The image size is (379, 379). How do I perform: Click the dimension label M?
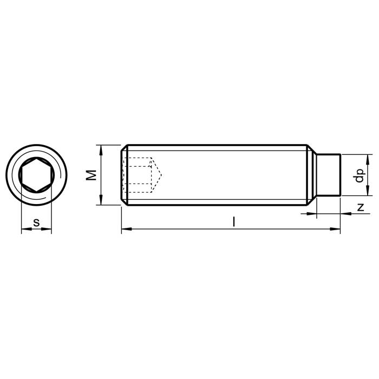pos(92,175)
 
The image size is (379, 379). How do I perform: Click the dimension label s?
pos(36,223)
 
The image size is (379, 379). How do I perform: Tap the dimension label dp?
pos(359,175)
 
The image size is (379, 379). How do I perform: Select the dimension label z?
pos(361,207)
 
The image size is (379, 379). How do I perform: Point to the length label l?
pos(233,221)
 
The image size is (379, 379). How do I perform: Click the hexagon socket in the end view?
pos(36,175)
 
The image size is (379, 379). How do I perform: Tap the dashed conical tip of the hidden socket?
pos(156,175)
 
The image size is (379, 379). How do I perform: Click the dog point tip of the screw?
pos(329,175)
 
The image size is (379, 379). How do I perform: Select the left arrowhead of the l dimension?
pos(126,228)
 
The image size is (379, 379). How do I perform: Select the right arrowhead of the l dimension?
pos(335,229)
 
